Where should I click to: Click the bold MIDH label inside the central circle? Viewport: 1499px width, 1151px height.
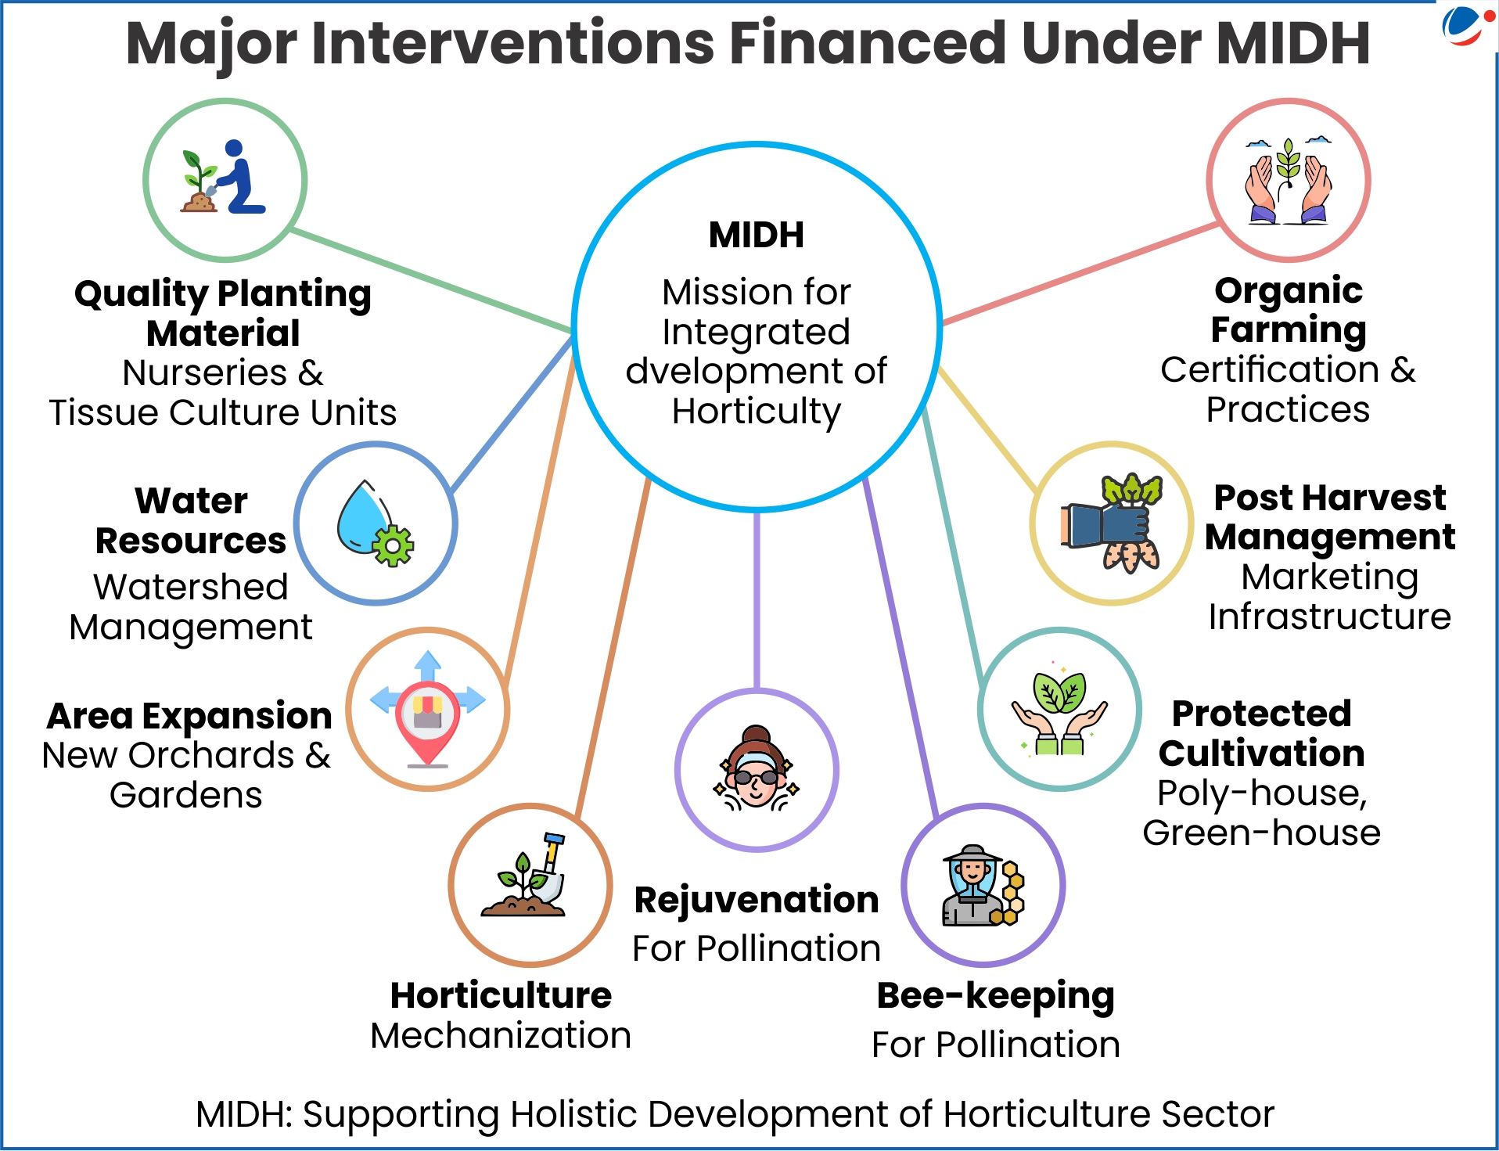[x=756, y=235]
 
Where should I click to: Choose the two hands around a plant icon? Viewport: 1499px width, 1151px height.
[x=1288, y=181]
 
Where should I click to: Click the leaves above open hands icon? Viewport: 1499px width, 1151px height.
[x=1059, y=709]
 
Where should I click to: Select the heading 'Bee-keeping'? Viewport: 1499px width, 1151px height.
[x=995, y=997]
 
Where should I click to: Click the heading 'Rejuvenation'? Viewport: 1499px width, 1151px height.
[x=757, y=900]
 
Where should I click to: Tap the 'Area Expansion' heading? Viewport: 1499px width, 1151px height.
[x=189, y=716]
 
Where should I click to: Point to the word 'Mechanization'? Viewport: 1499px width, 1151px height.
[x=501, y=1036]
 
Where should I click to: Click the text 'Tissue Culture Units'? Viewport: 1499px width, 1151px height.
[x=223, y=412]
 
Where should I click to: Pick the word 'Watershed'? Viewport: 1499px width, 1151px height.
[x=191, y=587]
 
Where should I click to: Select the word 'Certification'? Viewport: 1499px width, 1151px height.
[x=1270, y=369]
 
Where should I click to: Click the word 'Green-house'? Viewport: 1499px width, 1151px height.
[x=1261, y=833]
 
